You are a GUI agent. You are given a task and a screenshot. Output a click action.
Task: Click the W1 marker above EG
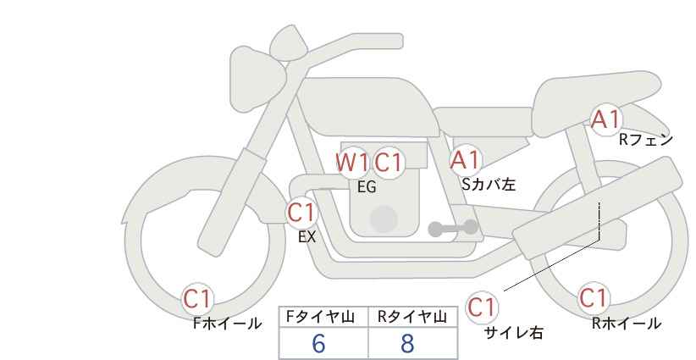coord(352,163)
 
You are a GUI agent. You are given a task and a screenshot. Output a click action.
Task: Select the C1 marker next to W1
coord(388,163)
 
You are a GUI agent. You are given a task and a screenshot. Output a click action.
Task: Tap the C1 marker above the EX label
coord(301,212)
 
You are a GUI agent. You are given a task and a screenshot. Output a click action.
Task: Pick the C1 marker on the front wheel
coord(197,299)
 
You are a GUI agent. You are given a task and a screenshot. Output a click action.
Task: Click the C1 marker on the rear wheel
coord(593,297)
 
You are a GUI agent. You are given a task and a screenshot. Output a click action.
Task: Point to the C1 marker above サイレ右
coord(482,307)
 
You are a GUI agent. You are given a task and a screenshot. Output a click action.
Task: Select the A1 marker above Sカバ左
coord(464,160)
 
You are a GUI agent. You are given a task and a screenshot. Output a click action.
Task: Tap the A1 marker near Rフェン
coord(605,119)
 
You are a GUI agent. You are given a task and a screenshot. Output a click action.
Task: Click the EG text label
coord(367,187)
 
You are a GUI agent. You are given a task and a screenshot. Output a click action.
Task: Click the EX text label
coord(307,237)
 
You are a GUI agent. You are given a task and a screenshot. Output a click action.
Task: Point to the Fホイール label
coord(227,324)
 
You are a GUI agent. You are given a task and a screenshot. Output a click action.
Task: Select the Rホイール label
coord(627,324)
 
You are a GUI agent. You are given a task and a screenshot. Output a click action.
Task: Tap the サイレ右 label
coord(514,333)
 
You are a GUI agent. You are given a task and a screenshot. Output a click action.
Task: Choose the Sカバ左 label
coord(489,184)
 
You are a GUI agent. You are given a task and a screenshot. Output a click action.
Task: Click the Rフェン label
coord(646,141)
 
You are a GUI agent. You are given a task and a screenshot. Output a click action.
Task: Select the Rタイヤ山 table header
coord(412,317)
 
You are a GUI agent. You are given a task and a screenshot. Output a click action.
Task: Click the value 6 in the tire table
coord(318,344)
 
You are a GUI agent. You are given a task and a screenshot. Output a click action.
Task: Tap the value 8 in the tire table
coord(407,344)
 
